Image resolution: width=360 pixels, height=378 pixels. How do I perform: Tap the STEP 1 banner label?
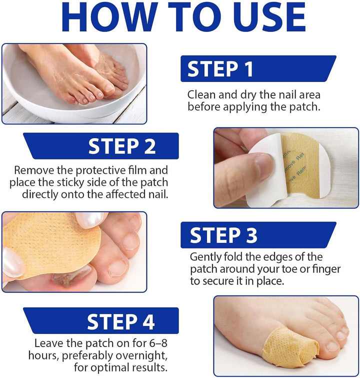[220, 69]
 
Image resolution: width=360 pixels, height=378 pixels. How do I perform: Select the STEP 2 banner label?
[122, 146]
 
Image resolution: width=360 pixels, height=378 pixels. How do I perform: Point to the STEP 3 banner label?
[223, 235]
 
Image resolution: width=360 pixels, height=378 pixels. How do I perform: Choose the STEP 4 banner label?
[121, 322]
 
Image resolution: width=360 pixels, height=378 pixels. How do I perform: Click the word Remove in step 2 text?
[33, 170]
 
